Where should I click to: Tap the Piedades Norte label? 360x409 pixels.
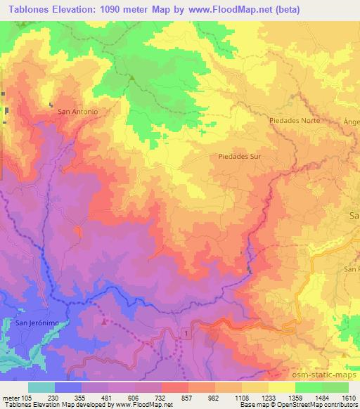[x=294, y=120]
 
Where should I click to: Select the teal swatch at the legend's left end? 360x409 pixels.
[x=41, y=387]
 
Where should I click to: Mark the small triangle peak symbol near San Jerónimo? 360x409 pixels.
[x=105, y=322]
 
